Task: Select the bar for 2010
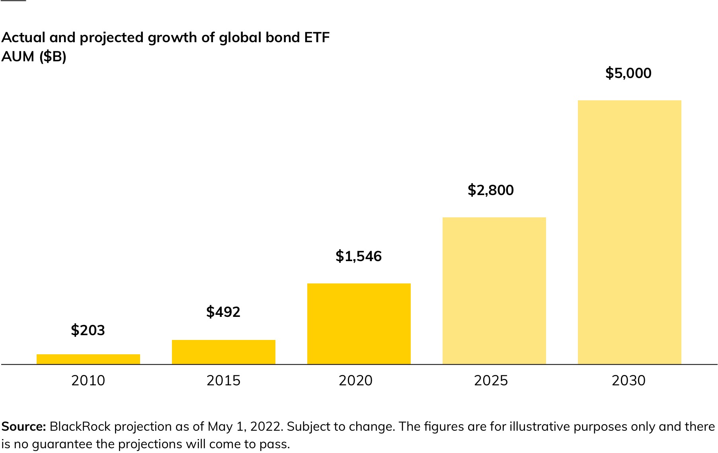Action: [x=88, y=359]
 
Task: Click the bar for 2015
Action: [x=223, y=352]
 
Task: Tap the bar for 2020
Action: [x=359, y=324]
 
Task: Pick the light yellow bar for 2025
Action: [x=494, y=291]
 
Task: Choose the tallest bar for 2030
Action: [x=629, y=232]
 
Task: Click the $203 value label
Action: [x=88, y=330]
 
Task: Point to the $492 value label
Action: [x=223, y=312]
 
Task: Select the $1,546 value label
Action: [x=359, y=256]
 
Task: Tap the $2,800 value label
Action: [x=491, y=190]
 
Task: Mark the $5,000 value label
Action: [x=628, y=73]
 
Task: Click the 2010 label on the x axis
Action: [x=88, y=381]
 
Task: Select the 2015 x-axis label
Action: [x=223, y=381]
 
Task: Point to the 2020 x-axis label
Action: [x=355, y=381]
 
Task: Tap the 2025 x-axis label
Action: [x=491, y=381]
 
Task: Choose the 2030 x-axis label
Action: [x=628, y=381]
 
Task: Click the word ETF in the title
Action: [x=317, y=37]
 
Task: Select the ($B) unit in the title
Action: [x=53, y=57]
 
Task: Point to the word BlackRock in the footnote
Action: [x=80, y=426]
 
